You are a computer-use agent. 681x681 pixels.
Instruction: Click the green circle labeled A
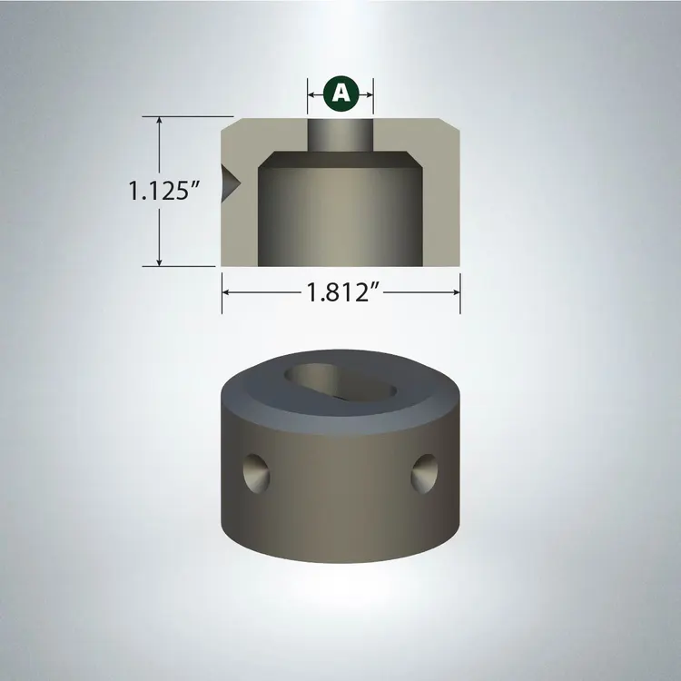coord(340,92)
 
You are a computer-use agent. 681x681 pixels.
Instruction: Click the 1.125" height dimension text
coord(163,192)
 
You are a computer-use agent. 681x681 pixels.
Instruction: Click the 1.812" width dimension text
coord(341,292)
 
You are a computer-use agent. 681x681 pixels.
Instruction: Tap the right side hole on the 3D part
coord(424,471)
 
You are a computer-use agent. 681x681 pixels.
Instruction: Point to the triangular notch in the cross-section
coord(230,179)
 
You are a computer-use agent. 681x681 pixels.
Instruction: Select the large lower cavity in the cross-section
coord(340,213)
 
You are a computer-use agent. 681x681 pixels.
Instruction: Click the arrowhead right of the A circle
coord(369,92)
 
